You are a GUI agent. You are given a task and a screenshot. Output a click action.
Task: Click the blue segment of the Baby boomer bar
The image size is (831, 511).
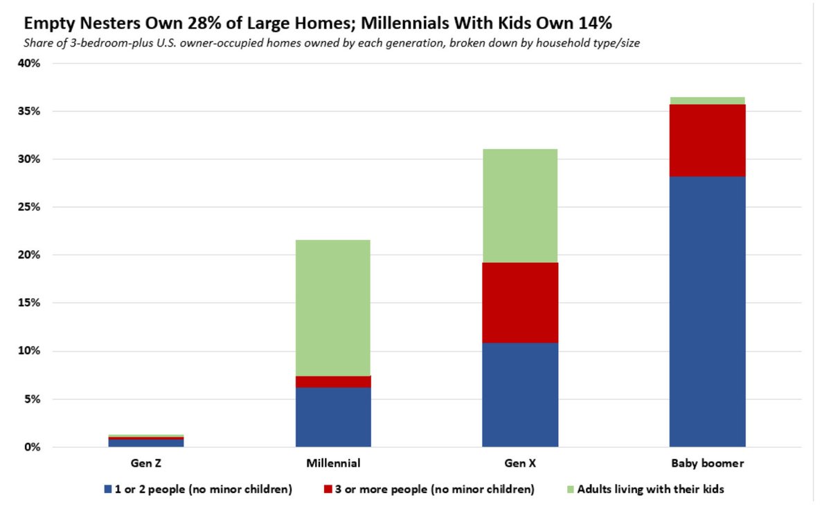707,311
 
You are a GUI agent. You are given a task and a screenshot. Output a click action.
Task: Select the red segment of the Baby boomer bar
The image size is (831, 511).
707,141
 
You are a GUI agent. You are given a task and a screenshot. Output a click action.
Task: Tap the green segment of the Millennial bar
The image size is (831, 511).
333,308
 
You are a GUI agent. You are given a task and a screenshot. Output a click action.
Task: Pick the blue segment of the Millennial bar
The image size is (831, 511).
333,417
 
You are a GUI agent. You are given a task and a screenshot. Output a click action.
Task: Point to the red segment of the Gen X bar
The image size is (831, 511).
520,302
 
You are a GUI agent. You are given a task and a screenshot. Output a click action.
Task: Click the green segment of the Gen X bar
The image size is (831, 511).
520,206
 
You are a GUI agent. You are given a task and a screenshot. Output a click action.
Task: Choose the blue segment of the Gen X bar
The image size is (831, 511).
520,395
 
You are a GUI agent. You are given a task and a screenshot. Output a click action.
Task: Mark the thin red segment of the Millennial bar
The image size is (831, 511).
333,382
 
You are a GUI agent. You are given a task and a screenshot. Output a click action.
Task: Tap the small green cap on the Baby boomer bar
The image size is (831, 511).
707,101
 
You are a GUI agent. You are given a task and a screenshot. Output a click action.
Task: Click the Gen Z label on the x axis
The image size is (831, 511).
146,462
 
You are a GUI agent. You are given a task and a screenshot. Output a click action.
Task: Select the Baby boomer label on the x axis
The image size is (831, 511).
707,462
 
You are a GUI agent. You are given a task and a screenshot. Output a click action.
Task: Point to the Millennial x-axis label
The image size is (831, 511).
333,462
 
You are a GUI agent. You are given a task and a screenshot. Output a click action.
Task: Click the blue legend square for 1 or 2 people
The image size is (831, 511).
108,490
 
